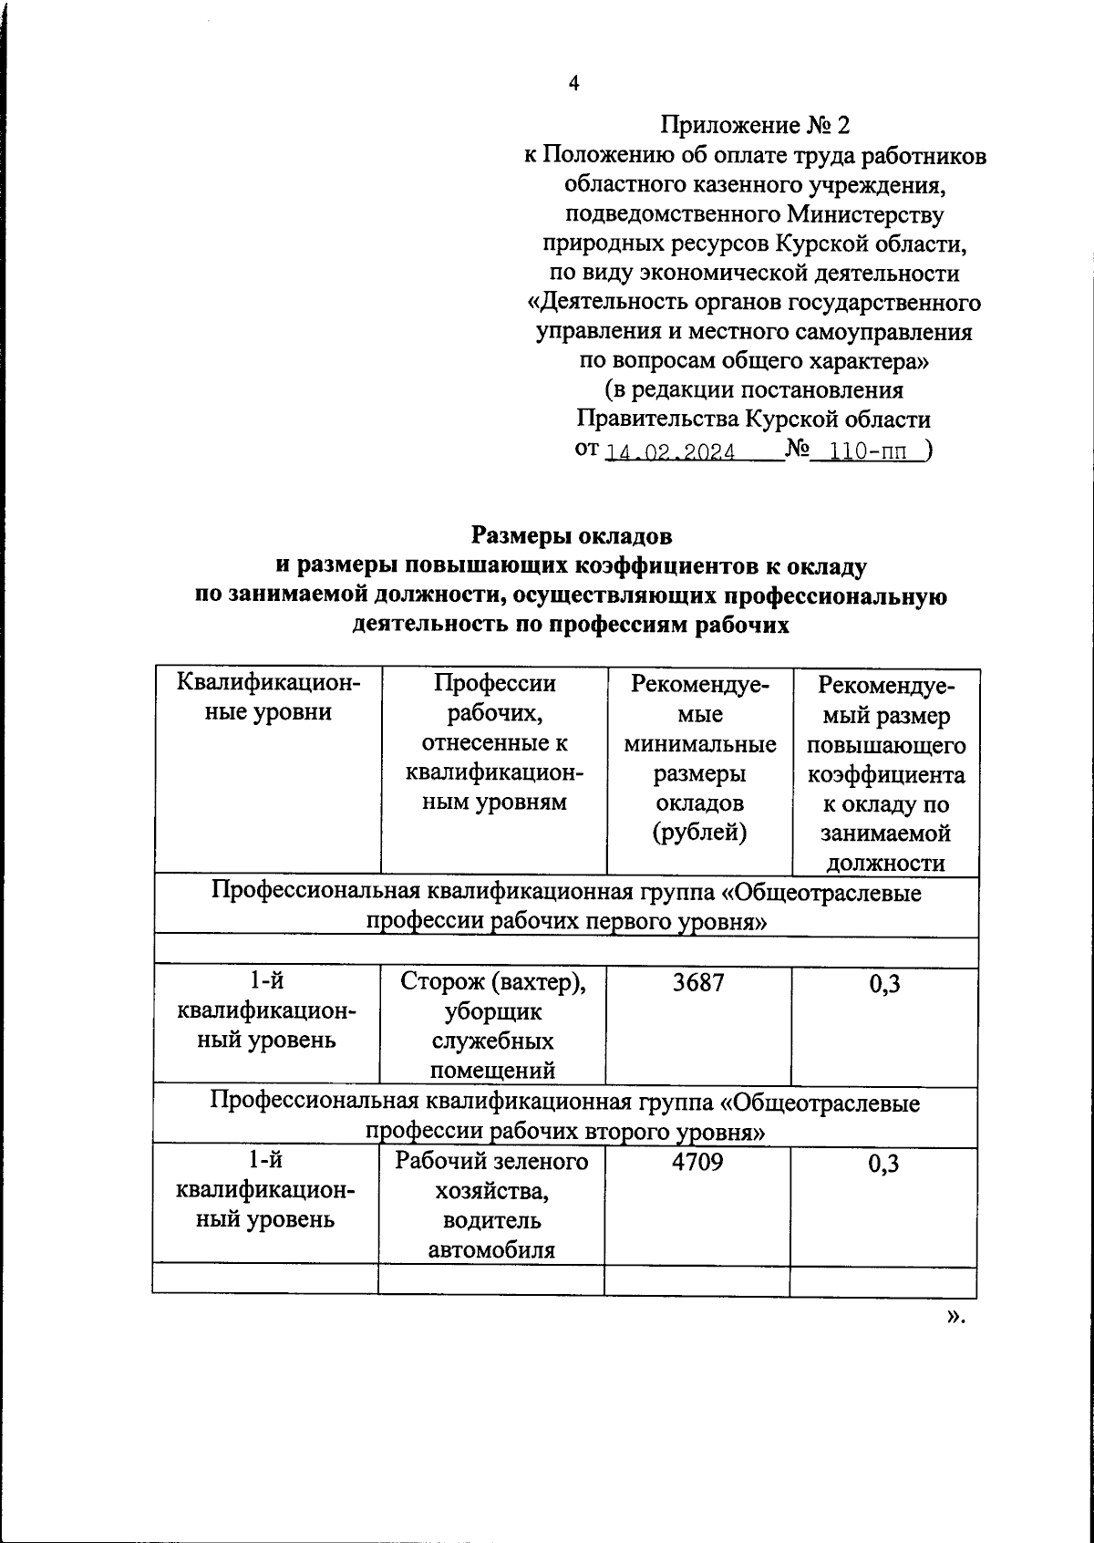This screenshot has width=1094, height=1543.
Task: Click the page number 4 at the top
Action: [x=573, y=84]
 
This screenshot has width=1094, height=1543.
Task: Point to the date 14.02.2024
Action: [x=670, y=452]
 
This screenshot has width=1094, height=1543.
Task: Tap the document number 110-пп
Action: [x=863, y=451]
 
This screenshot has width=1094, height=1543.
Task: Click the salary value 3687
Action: [x=697, y=983]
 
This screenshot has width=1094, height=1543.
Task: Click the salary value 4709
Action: [x=697, y=1162]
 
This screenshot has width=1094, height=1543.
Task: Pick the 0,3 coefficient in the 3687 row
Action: [x=884, y=984]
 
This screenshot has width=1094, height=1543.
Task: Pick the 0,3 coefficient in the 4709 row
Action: [x=883, y=1164]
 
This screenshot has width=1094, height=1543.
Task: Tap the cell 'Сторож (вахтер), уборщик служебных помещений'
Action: [x=492, y=1026]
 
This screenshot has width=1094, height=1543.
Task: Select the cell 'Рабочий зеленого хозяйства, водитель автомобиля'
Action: [x=491, y=1205]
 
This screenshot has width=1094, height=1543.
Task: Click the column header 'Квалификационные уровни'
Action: [x=267, y=698]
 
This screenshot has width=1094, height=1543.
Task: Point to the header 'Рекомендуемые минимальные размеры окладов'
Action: [x=699, y=757]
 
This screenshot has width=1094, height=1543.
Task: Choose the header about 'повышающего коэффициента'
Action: [x=885, y=771]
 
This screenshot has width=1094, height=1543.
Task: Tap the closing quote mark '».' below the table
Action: [x=955, y=1316]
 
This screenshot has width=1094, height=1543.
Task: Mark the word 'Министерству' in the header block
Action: [x=865, y=214]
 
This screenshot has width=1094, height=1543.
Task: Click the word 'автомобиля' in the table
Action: [x=491, y=1249]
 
